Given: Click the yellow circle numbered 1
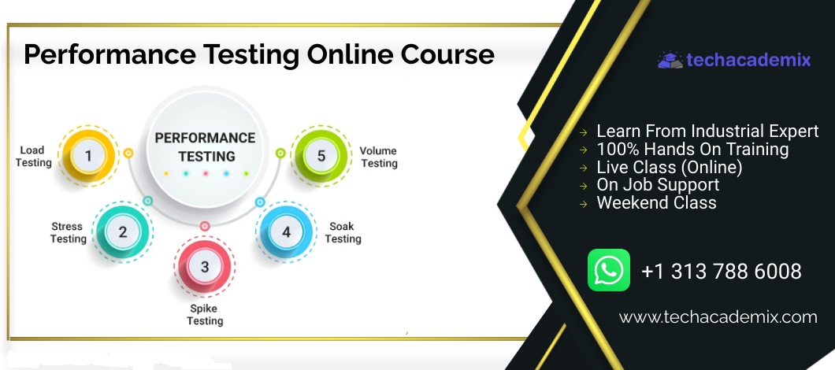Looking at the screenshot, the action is tap(88, 155).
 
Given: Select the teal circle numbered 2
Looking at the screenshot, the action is tap(122, 232).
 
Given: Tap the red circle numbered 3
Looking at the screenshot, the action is tap(205, 266).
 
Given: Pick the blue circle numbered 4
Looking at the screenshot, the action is tap(287, 232).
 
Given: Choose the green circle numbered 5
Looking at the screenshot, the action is tap(321, 155).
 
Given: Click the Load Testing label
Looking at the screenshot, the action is tap(34, 157).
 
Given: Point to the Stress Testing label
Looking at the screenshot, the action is tap(69, 233).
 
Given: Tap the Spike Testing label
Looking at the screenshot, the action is tap(205, 315).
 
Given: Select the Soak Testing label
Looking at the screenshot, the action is tap(343, 233).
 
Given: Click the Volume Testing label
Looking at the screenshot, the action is tap(379, 157).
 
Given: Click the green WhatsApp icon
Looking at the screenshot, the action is tap(609, 270).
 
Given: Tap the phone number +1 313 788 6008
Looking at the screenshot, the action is tap(722, 272).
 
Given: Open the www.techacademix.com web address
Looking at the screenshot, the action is tap(718, 318).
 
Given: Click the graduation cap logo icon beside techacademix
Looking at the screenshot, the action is tap(670, 60).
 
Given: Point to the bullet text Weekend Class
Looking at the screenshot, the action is tap(657, 203).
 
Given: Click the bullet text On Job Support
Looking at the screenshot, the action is tap(658, 185).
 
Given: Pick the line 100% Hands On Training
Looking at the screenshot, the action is tap(692, 149).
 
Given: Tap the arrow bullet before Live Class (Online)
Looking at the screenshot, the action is tap(584, 168).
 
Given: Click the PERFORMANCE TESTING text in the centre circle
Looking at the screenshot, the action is tap(205, 147).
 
